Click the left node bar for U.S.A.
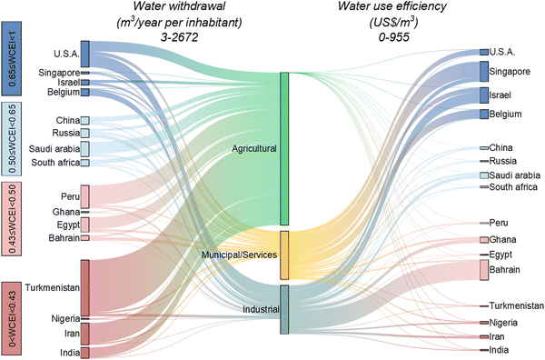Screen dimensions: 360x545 pyautogui.click(x=84, y=54)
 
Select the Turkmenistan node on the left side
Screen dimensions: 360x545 pyautogui.click(x=84, y=286)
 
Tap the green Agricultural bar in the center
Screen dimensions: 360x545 pyautogui.click(x=284, y=148)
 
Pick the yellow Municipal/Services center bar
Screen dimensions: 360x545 pyautogui.click(x=284, y=255)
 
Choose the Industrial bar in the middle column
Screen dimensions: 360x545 pyautogui.click(x=284, y=309)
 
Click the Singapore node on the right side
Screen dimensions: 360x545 pyautogui.click(x=483, y=71)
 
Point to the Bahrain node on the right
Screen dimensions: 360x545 pyautogui.click(x=483, y=270)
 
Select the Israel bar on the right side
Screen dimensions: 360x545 pyautogui.click(x=483, y=95)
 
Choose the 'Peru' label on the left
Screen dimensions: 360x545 pyautogui.click(x=66, y=196)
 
